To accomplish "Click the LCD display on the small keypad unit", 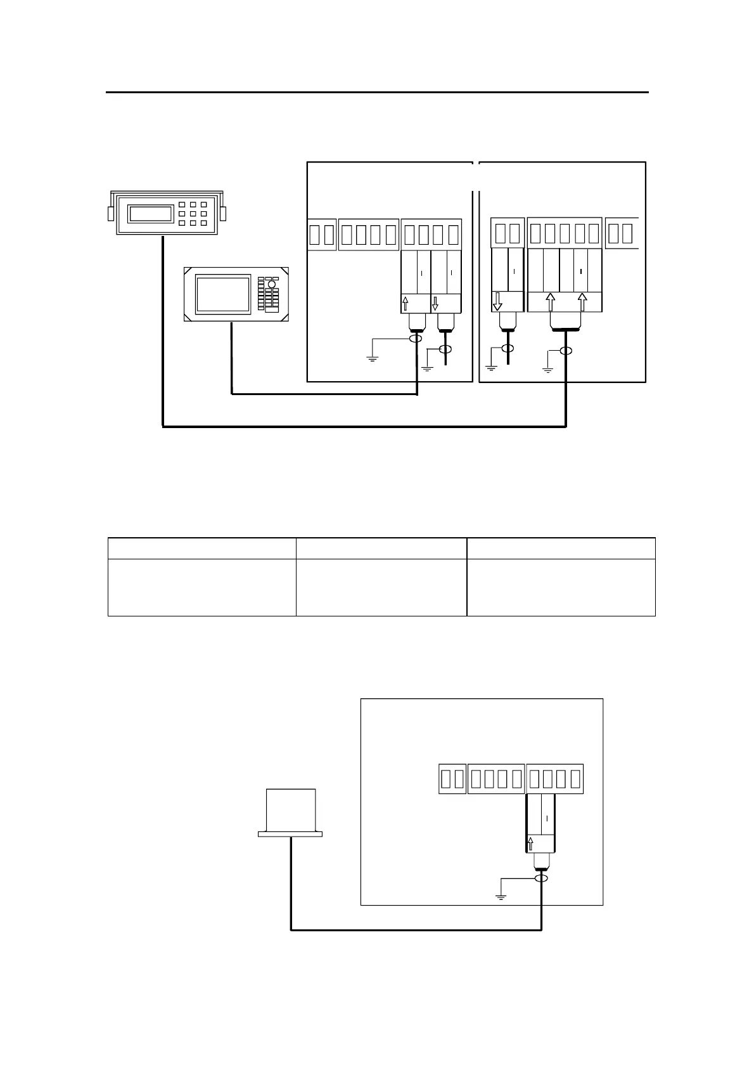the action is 151,214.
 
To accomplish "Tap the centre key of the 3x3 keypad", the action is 193,214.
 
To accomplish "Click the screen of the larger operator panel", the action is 223,294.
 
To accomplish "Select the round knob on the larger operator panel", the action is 272,284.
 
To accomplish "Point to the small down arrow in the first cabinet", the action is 435,303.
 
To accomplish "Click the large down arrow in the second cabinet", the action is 497,301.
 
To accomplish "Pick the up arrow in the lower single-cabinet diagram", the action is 531,843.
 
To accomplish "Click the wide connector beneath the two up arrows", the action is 565,328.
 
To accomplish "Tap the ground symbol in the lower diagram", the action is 501,895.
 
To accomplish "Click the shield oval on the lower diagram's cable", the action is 542,878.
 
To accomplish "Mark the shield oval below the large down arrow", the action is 508,348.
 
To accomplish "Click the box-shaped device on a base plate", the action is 291,812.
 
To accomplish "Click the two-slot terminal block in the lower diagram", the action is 452,778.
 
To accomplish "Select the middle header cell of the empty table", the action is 381,548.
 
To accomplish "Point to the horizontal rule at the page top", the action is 377,93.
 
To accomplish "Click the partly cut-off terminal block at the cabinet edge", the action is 622,234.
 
